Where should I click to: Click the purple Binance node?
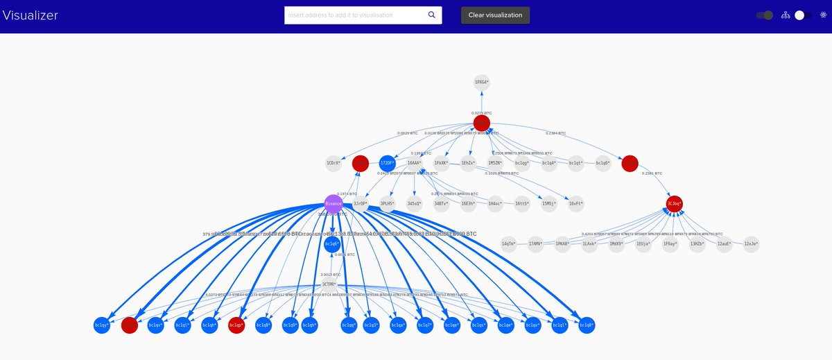click(333, 204)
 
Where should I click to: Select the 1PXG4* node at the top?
click(482, 83)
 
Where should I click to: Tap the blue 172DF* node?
click(388, 164)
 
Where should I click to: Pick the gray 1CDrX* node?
click(333, 164)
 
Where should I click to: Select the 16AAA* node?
click(415, 164)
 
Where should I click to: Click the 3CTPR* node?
click(329, 284)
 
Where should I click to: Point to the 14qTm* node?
click(509, 244)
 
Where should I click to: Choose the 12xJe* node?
click(751, 244)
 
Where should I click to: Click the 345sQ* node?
click(415, 204)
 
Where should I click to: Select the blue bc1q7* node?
click(425, 325)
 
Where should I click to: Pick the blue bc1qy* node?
click(102, 325)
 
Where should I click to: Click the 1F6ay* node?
click(670, 244)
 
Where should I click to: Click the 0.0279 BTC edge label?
click(482, 112)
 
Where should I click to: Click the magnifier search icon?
click(431, 15)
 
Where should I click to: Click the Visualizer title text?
click(31, 15)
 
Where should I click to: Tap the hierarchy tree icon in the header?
click(786, 15)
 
